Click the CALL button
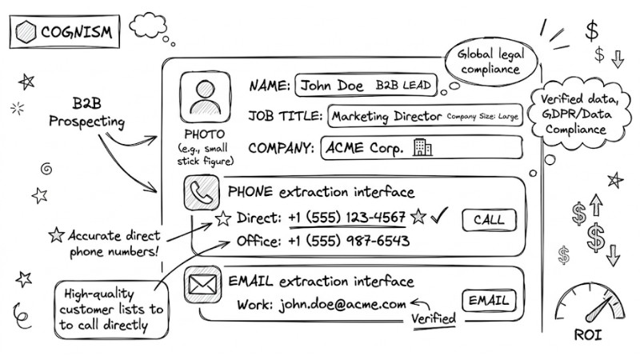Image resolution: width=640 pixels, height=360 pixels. [489, 220]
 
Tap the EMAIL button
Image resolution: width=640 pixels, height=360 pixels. [489, 301]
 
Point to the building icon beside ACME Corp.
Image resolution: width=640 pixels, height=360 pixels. [421, 147]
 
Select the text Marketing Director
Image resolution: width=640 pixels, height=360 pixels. [386, 116]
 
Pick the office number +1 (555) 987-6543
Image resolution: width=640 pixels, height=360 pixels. [348, 241]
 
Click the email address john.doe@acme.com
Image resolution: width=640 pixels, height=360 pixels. [342, 304]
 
